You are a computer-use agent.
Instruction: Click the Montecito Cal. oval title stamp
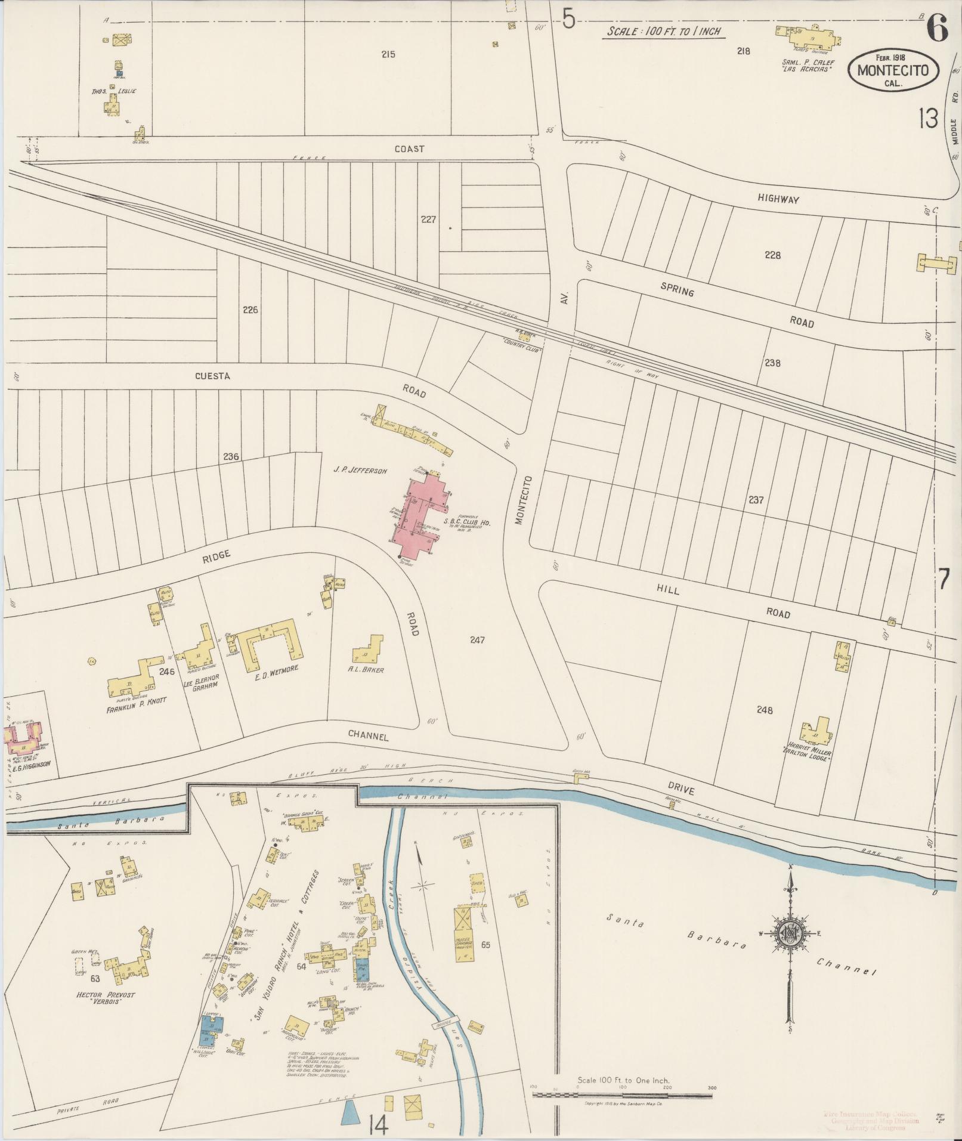[x=893, y=70]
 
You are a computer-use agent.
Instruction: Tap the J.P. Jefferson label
[x=360, y=471]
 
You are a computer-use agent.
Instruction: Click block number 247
[x=477, y=640]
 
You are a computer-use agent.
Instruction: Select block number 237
[x=756, y=500]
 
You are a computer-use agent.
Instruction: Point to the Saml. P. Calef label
[x=808, y=66]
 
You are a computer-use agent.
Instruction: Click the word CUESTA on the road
[x=212, y=376]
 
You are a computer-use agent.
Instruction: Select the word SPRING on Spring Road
[x=677, y=291]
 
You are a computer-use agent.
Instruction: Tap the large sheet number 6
[x=937, y=28]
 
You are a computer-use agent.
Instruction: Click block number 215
[x=388, y=54]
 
